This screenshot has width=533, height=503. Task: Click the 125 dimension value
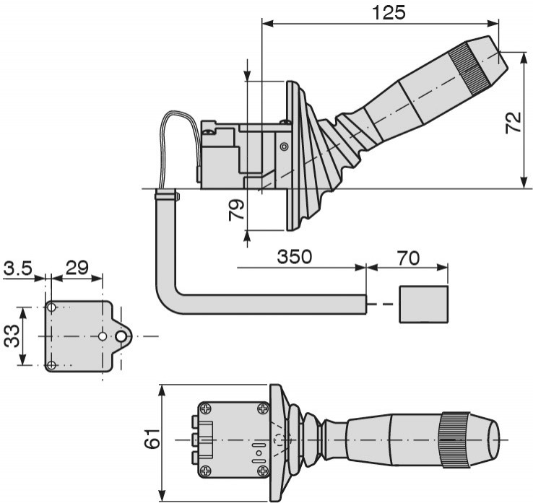point(389,13)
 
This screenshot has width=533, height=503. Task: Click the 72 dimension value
point(513,122)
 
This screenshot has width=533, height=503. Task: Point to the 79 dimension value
point(236,209)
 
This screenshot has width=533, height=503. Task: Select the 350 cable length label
point(295,256)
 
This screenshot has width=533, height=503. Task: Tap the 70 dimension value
point(408,258)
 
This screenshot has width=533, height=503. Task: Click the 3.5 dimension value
point(17,268)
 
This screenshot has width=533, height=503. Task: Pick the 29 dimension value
point(77,268)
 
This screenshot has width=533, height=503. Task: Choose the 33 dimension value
point(12,336)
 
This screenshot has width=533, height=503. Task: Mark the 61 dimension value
point(152,438)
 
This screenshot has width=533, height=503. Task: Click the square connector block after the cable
point(423,305)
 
